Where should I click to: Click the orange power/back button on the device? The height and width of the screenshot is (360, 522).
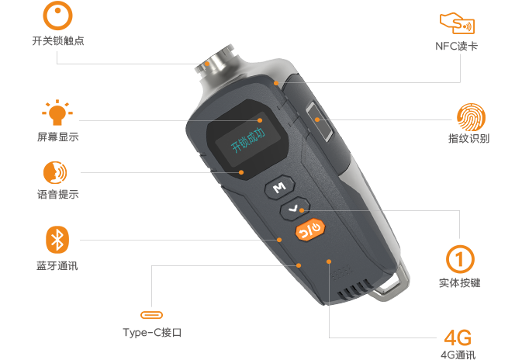[309, 229]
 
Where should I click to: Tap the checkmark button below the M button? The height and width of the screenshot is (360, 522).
[295, 209]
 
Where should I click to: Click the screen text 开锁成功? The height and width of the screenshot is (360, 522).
[248, 140]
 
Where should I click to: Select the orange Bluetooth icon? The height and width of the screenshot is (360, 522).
[57, 240]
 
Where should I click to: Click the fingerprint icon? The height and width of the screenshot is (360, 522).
[471, 117]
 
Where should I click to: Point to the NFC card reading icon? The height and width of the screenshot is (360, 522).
[457, 23]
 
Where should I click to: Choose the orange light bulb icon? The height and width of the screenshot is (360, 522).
[57, 112]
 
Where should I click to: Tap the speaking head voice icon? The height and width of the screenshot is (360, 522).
[55, 172]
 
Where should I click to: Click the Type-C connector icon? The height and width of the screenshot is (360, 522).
[151, 315]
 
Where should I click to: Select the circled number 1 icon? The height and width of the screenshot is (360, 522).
[460, 259]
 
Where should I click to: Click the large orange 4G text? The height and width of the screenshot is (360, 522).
[458, 337]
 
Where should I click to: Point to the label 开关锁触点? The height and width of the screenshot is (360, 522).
[58, 41]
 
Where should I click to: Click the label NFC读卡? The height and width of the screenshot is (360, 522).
[456, 46]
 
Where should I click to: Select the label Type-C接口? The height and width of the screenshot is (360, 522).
[152, 332]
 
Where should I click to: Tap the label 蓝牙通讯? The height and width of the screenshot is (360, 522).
[57, 266]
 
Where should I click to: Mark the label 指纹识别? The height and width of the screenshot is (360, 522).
[468, 138]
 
